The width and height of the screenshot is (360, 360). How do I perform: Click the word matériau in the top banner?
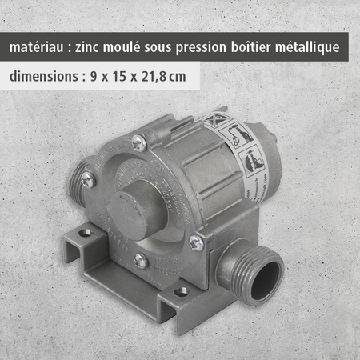pos(39,47)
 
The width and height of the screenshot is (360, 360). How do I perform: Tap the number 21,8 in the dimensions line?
pos(157,79)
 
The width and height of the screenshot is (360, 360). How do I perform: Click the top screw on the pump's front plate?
pos(139,143)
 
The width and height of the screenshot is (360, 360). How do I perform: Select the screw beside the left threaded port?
pos(88,181)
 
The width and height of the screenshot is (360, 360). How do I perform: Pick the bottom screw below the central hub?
pos(141,260)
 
